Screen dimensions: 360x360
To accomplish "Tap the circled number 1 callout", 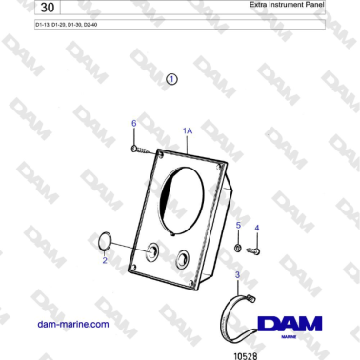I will pos(171,81).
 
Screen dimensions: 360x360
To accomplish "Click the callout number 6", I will pos(133,124).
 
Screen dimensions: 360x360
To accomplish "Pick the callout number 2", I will pos(105,260).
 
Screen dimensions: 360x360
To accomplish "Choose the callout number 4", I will pos(255,229).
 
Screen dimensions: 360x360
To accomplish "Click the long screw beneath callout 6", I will pos(142,149).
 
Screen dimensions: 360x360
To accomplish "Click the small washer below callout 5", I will pos(236,248).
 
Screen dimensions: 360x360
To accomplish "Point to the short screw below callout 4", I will pos(254,250).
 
